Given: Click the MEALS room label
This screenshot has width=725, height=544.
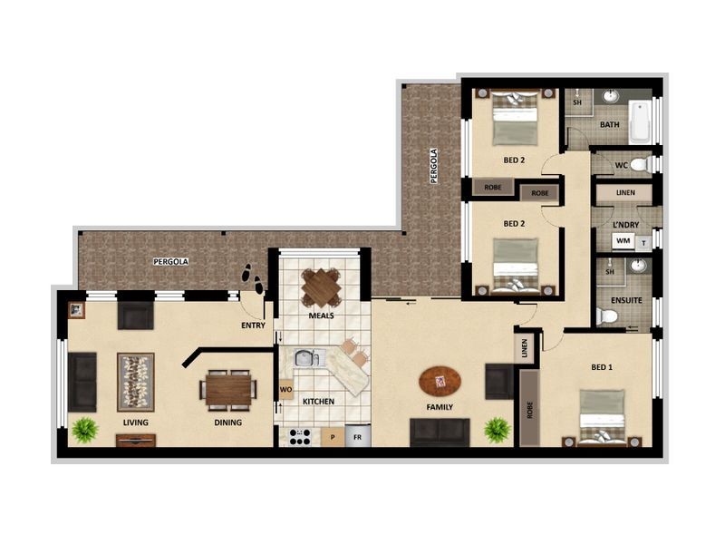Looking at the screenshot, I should [x=321, y=316].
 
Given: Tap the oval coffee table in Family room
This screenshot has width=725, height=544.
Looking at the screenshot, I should [x=440, y=381].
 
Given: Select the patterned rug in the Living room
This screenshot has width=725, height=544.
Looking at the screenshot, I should [x=136, y=382].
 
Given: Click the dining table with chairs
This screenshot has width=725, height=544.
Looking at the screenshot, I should [x=227, y=389].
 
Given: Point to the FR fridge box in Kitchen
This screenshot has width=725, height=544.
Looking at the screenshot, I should [x=358, y=436].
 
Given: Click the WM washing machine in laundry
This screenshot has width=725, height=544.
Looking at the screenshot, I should [x=623, y=241].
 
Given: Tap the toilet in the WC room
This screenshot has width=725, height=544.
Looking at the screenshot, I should [x=639, y=165].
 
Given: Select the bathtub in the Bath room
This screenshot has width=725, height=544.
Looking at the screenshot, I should [x=640, y=121].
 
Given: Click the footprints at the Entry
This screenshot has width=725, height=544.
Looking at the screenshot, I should [x=252, y=278].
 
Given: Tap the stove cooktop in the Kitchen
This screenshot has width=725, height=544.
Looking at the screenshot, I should [x=300, y=436].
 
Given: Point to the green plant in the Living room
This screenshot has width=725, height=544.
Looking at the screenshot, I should [x=85, y=429].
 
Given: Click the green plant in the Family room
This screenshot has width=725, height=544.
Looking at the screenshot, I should [x=497, y=429].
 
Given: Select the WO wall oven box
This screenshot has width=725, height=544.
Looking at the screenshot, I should [x=285, y=391].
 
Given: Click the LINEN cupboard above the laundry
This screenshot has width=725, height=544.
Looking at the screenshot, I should [x=626, y=193].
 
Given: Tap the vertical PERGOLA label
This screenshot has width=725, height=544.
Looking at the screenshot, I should [x=434, y=166].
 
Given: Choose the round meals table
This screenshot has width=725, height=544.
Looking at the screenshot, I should [x=321, y=288].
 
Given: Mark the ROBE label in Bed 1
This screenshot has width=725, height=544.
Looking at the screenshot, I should [x=527, y=409].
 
